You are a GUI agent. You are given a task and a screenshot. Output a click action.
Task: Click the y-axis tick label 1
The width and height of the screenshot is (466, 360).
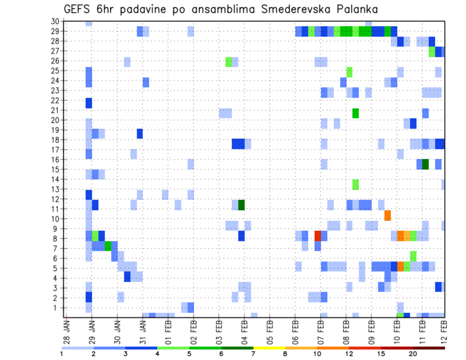[57, 308]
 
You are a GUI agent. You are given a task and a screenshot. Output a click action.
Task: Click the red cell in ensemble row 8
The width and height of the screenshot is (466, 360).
[317, 236]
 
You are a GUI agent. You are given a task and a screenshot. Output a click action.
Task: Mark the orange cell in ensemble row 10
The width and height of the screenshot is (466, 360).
[387, 215]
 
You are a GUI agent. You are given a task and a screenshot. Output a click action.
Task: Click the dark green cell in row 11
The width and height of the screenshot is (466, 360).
[241, 205]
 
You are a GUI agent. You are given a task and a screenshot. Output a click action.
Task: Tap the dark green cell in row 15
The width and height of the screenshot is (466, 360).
[425, 164]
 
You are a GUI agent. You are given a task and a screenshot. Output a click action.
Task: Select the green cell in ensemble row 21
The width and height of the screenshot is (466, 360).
[355, 113]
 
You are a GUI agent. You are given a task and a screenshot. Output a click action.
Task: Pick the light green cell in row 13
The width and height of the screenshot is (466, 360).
[355, 184]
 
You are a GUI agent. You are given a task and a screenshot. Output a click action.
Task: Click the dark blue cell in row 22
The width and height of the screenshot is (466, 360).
[89, 103]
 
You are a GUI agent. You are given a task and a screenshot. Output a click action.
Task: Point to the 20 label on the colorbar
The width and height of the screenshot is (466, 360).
[413, 354]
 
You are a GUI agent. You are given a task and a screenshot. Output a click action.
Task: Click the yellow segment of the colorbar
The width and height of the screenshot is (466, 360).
[269, 347]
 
